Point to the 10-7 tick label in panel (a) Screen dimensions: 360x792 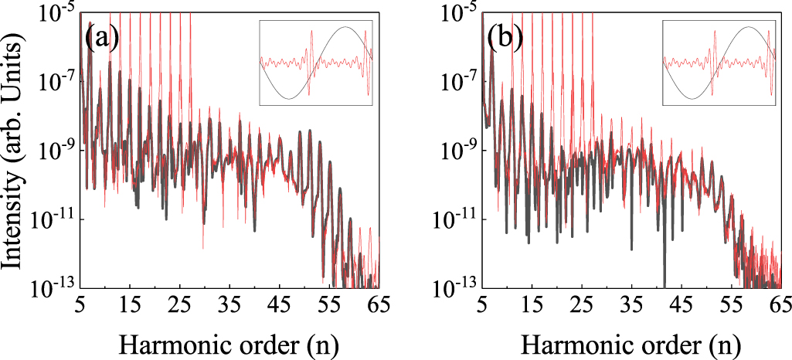(x=56, y=80)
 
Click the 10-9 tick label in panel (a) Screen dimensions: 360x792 (x=56, y=150)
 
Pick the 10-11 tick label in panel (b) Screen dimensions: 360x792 (x=457, y=219)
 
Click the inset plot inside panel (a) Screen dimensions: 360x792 (x=316, y=63)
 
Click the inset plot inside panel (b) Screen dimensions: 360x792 (x=719, y=63)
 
